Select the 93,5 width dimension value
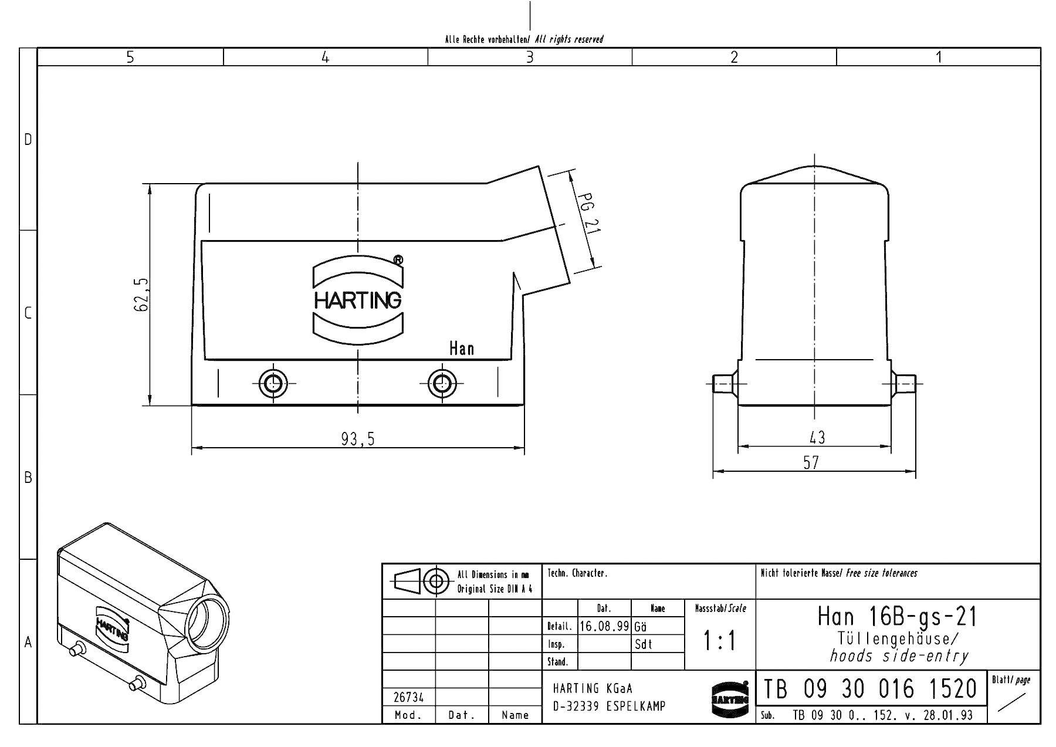[358, 439]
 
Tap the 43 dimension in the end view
[817, 437]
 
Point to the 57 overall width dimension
[811, 463]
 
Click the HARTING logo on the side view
[358, 300]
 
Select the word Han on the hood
[461, 349]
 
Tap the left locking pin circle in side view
[273, 383]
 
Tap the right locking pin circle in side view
[441, 383]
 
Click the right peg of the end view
[904, 384]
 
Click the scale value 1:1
[720, 641]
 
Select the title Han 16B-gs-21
[898, 616]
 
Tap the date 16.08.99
[604, 626]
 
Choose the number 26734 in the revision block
[408, 697]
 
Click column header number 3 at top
[530, 57]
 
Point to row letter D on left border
[28, 140]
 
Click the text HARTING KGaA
[593, 688]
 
